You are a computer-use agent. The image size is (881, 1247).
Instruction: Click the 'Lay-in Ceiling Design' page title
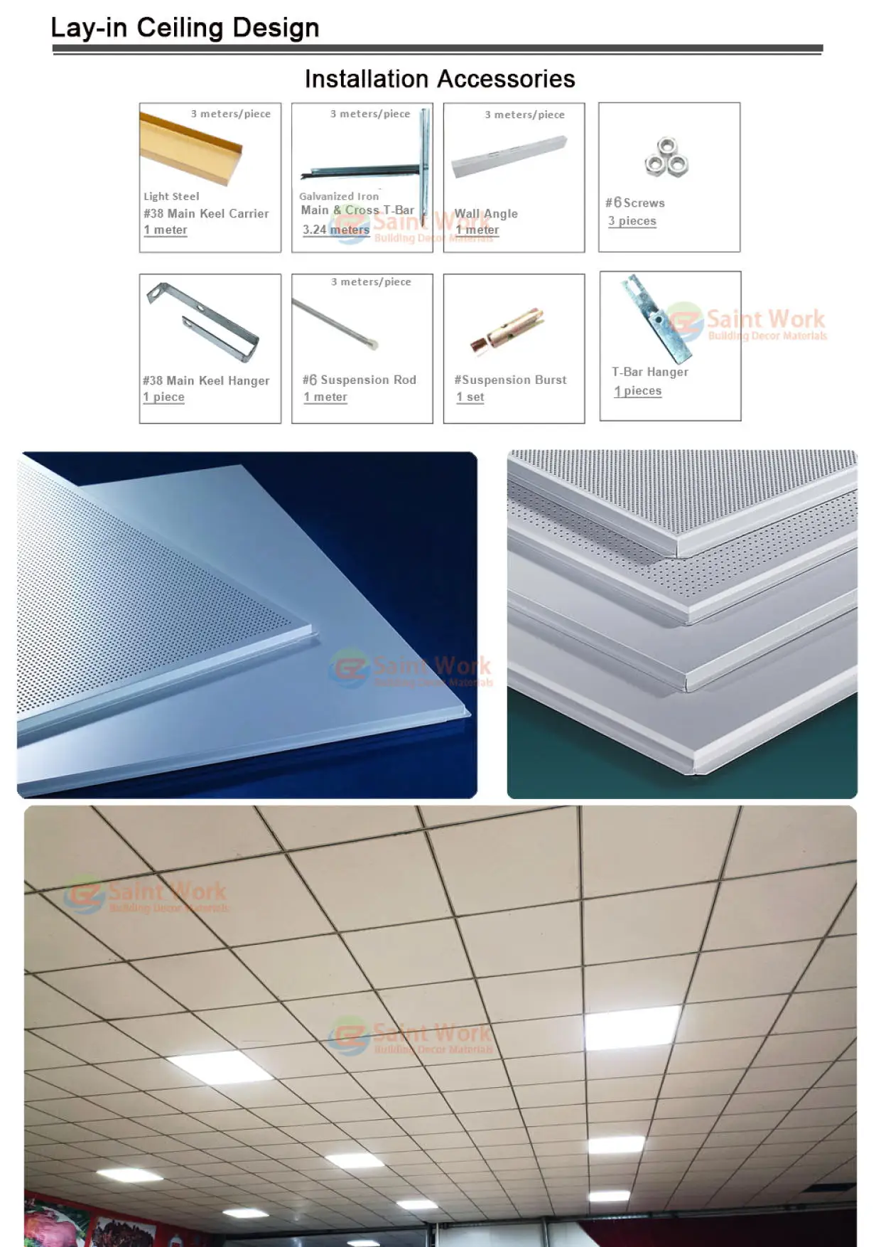click(185, 28)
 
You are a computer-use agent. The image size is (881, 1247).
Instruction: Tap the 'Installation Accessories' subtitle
click(440, 79)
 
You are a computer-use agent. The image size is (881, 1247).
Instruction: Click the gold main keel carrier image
click(190, 151)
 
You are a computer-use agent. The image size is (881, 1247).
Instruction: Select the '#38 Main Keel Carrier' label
click(206, 213)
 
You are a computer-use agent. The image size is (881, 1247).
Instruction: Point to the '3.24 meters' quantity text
click(335, 230)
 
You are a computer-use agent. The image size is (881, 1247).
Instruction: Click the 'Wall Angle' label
click(486, 213)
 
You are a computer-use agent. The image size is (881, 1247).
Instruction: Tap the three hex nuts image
click(666, 158)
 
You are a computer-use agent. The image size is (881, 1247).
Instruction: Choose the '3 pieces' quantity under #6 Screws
click(632, 221)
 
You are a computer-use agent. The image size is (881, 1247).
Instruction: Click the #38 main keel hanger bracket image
click(203, 322)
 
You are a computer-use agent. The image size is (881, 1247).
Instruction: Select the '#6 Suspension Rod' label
click(360, 380)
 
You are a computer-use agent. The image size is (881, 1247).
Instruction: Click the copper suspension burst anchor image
click(507, 331)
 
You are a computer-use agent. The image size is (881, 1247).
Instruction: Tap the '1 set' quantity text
click(470, 397)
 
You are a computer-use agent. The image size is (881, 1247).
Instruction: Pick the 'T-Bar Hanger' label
click(650, 372)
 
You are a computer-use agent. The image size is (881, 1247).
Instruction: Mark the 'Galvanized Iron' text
click(339, 196)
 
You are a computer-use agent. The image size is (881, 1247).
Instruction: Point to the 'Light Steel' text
click(171, 196)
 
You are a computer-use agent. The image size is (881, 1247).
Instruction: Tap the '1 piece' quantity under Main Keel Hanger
click(164, 397)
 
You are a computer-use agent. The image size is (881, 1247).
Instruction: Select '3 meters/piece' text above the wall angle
click(524, 114)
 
